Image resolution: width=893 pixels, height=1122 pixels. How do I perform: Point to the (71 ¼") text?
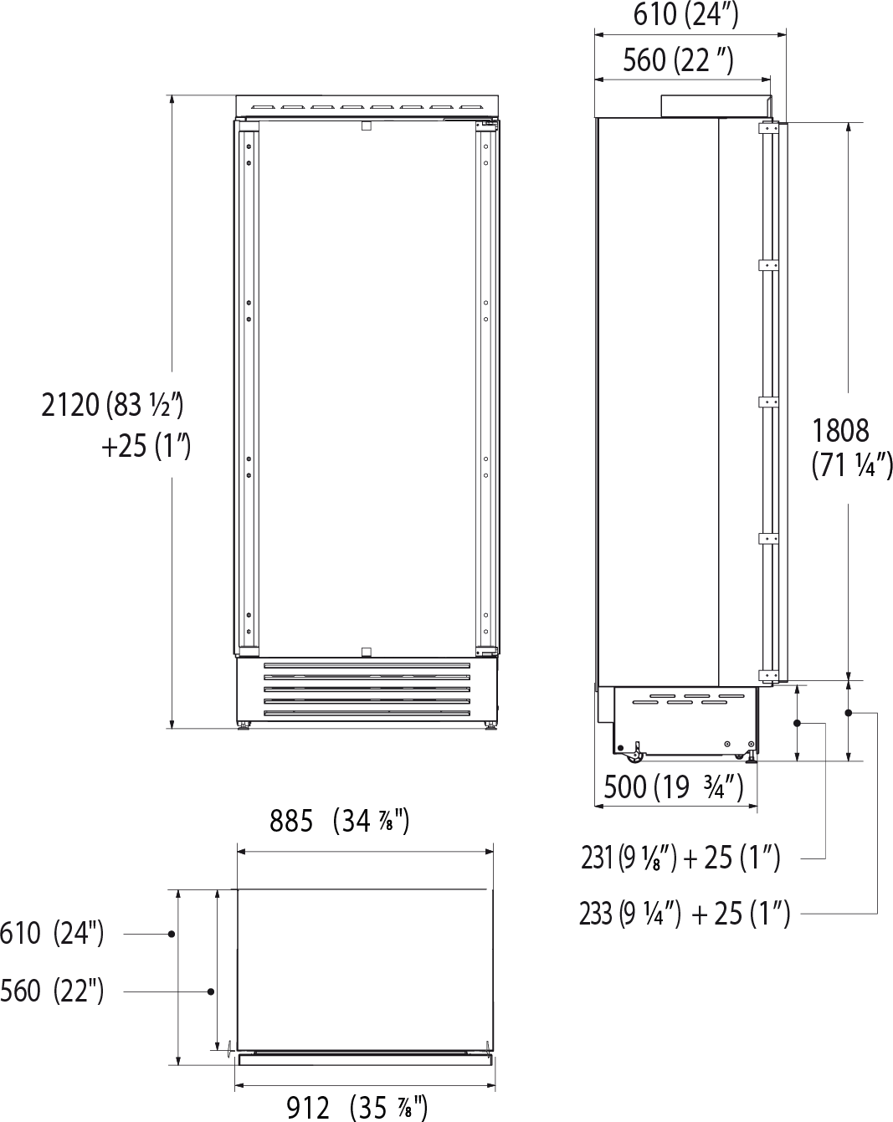pyautogui.click(x=852, y=465)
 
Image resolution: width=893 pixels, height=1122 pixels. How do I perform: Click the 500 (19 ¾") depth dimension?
pyautogui.click(x=674, y=786)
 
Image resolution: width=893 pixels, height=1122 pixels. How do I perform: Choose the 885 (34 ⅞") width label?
pyautogui.click(x=339, y=822)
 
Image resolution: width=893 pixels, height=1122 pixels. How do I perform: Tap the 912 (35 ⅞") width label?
pyautogui.click(x=357, y=1108)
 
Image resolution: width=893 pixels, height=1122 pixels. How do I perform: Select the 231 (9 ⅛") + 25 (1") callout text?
pyautogui.click(x=680, y=858)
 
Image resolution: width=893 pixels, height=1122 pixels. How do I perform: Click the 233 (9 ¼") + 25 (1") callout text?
pyautogui.click(x=684, y=914)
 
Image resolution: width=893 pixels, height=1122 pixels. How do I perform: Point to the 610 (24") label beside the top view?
pyautogui.click(x=52, y=932)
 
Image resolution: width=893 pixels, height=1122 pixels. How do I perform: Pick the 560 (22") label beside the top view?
pyautogui.click(x=52, y=991)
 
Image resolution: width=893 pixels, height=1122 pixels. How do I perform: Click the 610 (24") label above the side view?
pyautogui.click(x=685, y=15)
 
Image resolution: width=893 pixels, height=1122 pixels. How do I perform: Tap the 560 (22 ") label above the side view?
pyautogui.click(x=678, y=59)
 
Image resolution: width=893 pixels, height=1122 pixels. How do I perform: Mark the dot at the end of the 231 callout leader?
pyautogui.click(x=797, y=722)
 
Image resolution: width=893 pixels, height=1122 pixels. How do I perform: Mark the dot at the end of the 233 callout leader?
pyautogui.click(x=849, y=713)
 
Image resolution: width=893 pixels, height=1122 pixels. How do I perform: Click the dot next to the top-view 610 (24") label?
pyautogui.click(x=171, y=933)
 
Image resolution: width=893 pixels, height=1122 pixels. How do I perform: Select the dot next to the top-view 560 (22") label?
pyautogui.click(x=211, y=991)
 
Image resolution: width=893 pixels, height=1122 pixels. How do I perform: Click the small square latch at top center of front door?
pyautogui.click(x=365, y=126)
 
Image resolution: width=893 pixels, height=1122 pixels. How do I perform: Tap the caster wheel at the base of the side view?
pyautogui.click(x=638, y=756)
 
